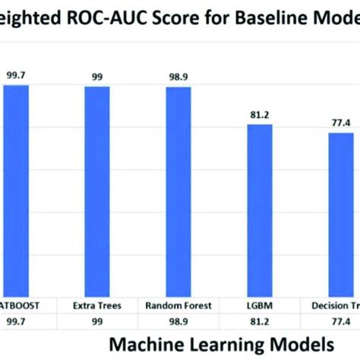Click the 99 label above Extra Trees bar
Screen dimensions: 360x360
pos(96,77)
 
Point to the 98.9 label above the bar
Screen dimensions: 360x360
pos(179,77)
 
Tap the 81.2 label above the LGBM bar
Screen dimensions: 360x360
pos(260,115)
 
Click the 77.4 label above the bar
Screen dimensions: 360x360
pos(340,123)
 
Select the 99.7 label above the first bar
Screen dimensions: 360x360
pos(15,75)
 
